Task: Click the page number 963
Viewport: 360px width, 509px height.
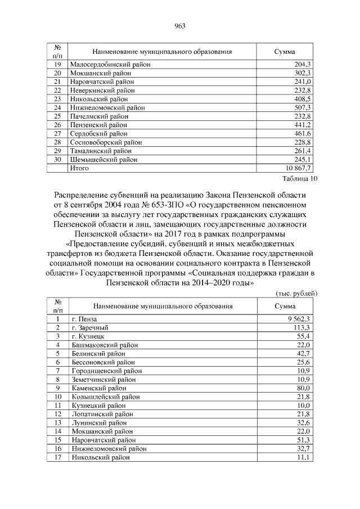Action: [180, 26]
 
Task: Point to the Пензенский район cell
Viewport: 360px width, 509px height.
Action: [98, 125]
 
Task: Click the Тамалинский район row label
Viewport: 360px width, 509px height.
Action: [101, 151]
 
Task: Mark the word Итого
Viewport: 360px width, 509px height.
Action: [79, 168]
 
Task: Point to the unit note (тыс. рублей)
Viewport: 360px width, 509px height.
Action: [296, 293]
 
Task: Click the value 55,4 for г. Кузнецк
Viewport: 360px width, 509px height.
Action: [304, 336]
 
